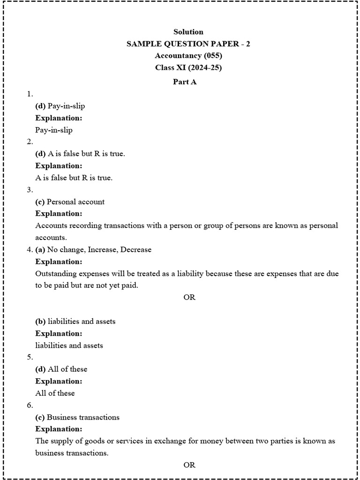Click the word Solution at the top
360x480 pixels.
coord(188,32)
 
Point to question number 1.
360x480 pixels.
coord(30,94)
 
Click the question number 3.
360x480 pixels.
coord(30,190)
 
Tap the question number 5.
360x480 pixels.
coord(30,357)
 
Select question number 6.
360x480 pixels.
coord(30,405)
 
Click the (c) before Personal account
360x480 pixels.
coord(40,202)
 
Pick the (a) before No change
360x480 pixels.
coord(40,249)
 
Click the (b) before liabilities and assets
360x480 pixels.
coord(40,322)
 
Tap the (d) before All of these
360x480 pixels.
coord(40,369)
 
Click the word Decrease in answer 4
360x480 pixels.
coord(136,249)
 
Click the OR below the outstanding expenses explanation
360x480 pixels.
coord(189,298)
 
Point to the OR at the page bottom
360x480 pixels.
coord(189,465)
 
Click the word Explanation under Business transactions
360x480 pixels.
coord(59,429)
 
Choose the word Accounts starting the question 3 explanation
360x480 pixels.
coord(50,225)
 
